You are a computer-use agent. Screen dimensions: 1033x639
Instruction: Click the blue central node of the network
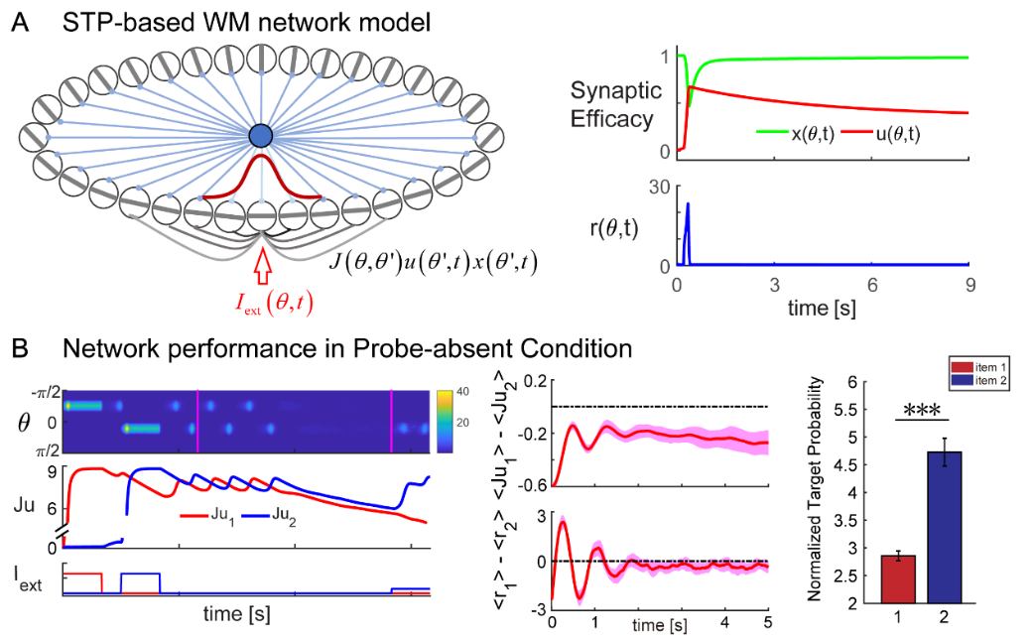pyautogui.click(x=261, y=136)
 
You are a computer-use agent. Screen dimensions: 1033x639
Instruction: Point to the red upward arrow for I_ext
pyautogui.click(x=263, y=266)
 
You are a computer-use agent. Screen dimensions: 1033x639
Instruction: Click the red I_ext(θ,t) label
pyautogui.click(x=274, y=303)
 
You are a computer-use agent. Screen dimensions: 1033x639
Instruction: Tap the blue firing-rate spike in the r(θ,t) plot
pyautogui.click(x=687, y=233)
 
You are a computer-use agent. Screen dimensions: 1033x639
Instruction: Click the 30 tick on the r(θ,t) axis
pyautogui.click(x=660, y=188)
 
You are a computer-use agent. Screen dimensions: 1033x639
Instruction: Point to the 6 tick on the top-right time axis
pyautogui.click(x=871, y=285)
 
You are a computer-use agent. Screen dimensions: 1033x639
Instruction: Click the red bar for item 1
pyautogui.click(x=898, y=579)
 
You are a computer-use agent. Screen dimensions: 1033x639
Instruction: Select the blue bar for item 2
pyautogui.click(x=944, y=527)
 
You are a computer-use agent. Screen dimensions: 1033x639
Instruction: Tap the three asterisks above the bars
pyautogui.click(x=922, y=411)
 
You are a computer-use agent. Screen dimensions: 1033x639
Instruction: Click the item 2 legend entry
pyautogui.click(x=979, y=381)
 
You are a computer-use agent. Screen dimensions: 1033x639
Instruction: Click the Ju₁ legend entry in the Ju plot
pyautogui.click(x=206, y=515)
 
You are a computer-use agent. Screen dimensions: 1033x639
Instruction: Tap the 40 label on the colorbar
pyautogui.click(x=462, y=391)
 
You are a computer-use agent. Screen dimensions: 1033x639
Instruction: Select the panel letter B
pyautogui.click(x=21, y=348)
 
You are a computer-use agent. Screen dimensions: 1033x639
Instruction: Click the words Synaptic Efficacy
pyautogui.click(x=614, y=105)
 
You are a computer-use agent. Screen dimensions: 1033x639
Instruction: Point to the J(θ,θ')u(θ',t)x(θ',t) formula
pyautogui.click(x=433, y=263)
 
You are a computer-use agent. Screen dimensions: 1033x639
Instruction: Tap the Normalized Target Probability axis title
pyautogui.click(x=815, y=489)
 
